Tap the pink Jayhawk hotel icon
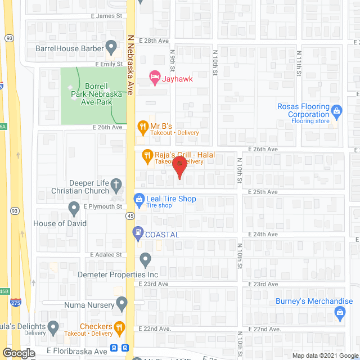click(x=152, y=76)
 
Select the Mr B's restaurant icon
click(x=142, y=125)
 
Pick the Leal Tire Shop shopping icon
click(x=138, y=199)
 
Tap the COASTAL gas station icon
click(x=137, y=231)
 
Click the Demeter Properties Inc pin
click(x=146, y=260)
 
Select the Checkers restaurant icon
click(x=119, y=327)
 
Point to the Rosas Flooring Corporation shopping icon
click(x=337, y=110)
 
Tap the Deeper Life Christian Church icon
click(x=116, y=183)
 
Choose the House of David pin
click(x=74, y=209)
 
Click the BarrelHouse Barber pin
click(x=111, y=46)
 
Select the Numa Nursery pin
click(x=120, y=304)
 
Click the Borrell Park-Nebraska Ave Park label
click(x=97, y=90)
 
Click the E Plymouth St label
click(x=103, y=206)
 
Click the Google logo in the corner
click(x=19, y=353)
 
